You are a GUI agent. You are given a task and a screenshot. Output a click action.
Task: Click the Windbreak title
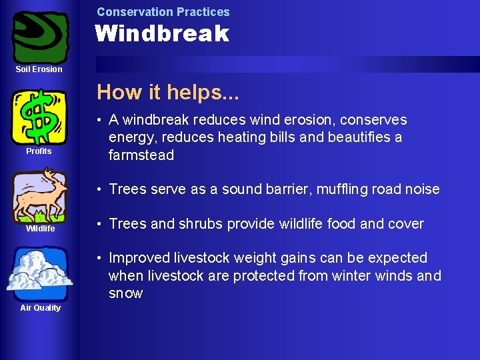click(162, 33)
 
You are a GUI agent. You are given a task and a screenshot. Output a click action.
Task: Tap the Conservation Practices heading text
click(163, 11)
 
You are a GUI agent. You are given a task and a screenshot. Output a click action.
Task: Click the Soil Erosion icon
click(40, 36)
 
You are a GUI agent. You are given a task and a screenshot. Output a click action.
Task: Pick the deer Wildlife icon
click(40, 195)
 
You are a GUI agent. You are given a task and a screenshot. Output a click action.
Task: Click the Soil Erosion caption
click(39, 69)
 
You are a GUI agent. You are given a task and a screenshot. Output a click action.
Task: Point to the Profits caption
click(39, 151)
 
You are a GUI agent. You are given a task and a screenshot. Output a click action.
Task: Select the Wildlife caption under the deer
click(40, 229)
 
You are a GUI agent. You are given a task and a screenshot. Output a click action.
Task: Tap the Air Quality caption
click(40, 308)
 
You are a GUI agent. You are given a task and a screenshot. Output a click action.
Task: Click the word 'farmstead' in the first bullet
click(141, 156)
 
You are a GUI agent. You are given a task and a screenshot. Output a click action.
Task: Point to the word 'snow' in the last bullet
click(125, 294)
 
